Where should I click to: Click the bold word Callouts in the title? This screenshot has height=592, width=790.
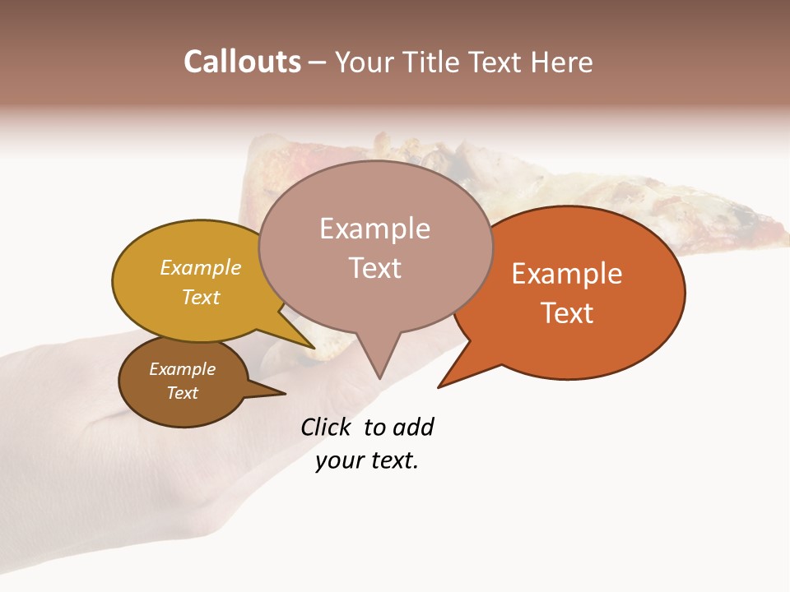(x=242, y=62)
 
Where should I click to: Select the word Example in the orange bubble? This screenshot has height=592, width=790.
(x=567, y=274)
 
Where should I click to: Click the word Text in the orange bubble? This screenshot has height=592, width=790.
(x=567, y=313)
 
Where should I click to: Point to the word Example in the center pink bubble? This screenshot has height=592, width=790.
(x=374, y=229)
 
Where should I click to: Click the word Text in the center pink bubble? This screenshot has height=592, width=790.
(x=374, y=268)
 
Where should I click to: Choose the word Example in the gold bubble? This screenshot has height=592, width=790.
(x=201, y=268)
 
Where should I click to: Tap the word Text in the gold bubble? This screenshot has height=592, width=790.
(x=201, y=297)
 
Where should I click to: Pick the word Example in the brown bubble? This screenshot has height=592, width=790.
(x=183, y=369)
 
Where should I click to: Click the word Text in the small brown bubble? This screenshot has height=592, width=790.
(x=183, y=393)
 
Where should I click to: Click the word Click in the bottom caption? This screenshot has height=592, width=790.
(x=328, y=427)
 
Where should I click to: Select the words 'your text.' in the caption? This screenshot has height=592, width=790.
(x=367, y=461)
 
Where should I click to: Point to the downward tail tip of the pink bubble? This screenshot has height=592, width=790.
(x=379, y=377)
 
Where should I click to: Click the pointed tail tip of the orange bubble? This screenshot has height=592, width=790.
(x=439, y=386)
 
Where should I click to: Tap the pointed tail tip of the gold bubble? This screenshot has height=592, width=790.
(x=314, y=348)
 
